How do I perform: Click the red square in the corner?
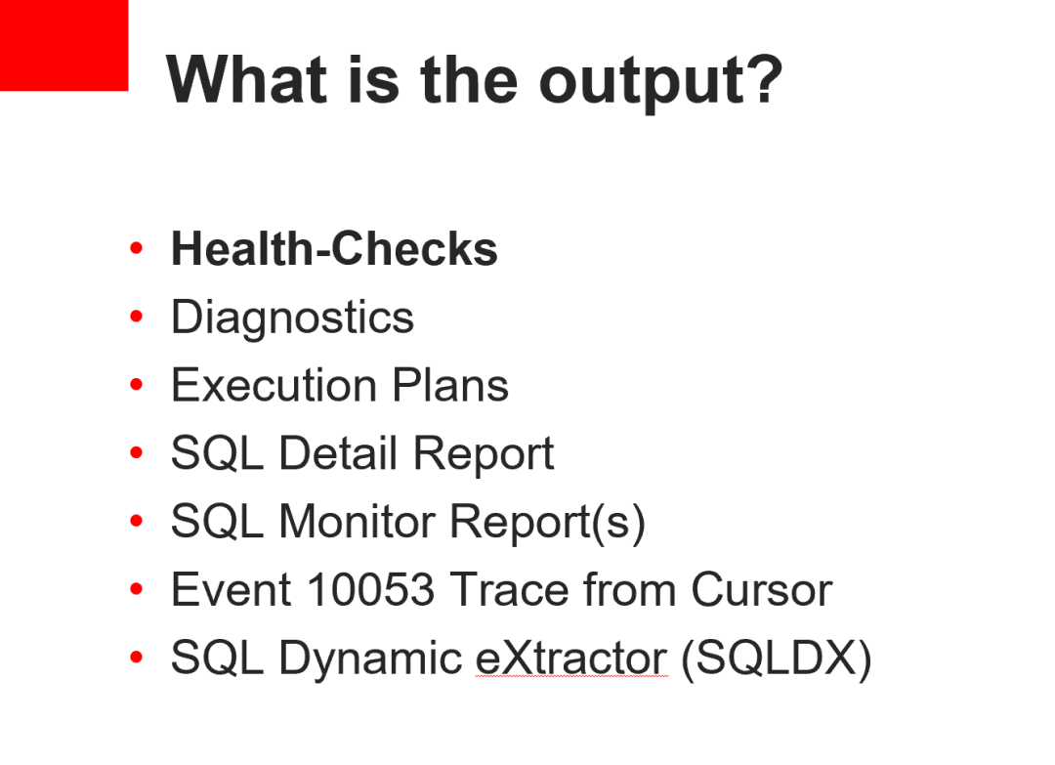tap(63, 45)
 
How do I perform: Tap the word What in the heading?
tap(247, 79)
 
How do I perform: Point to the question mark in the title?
tap(763, 79)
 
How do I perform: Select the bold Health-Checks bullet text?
tap(334, 248)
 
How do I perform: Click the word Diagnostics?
tap(293, 318)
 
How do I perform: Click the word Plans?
tap(450, 386)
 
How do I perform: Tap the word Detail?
tap(338, 452)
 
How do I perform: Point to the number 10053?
tap(371, 589)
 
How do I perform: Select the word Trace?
tap(509, 589)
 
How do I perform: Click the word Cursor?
tap(762, 589)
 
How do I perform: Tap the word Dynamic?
tap(371, 659)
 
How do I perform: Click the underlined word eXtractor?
tap(571, 658)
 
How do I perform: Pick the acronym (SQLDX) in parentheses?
tap(777, 659)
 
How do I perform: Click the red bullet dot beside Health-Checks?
tap(136, 248)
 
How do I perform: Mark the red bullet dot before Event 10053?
tap(136, 589)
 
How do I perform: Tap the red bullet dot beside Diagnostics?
tap(136, 317)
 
